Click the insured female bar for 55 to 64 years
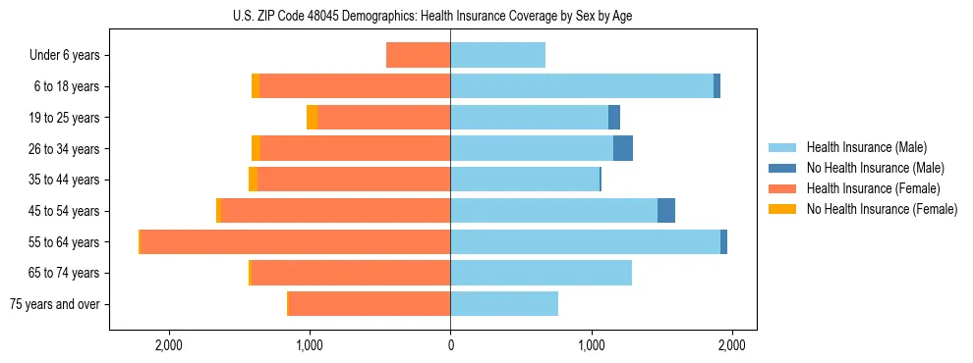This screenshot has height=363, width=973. pos(295,242)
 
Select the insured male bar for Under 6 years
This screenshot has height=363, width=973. pos(497,56)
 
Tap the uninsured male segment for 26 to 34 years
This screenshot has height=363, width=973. pos(623,149)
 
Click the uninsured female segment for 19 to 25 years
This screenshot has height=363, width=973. pos(313,118)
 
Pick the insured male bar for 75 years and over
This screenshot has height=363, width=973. pos(504,304)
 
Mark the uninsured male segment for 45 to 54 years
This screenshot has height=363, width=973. pos(666,211)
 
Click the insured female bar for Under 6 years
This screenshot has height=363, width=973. pos(419,56)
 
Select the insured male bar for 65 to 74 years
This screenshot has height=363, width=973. pos(541,273)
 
